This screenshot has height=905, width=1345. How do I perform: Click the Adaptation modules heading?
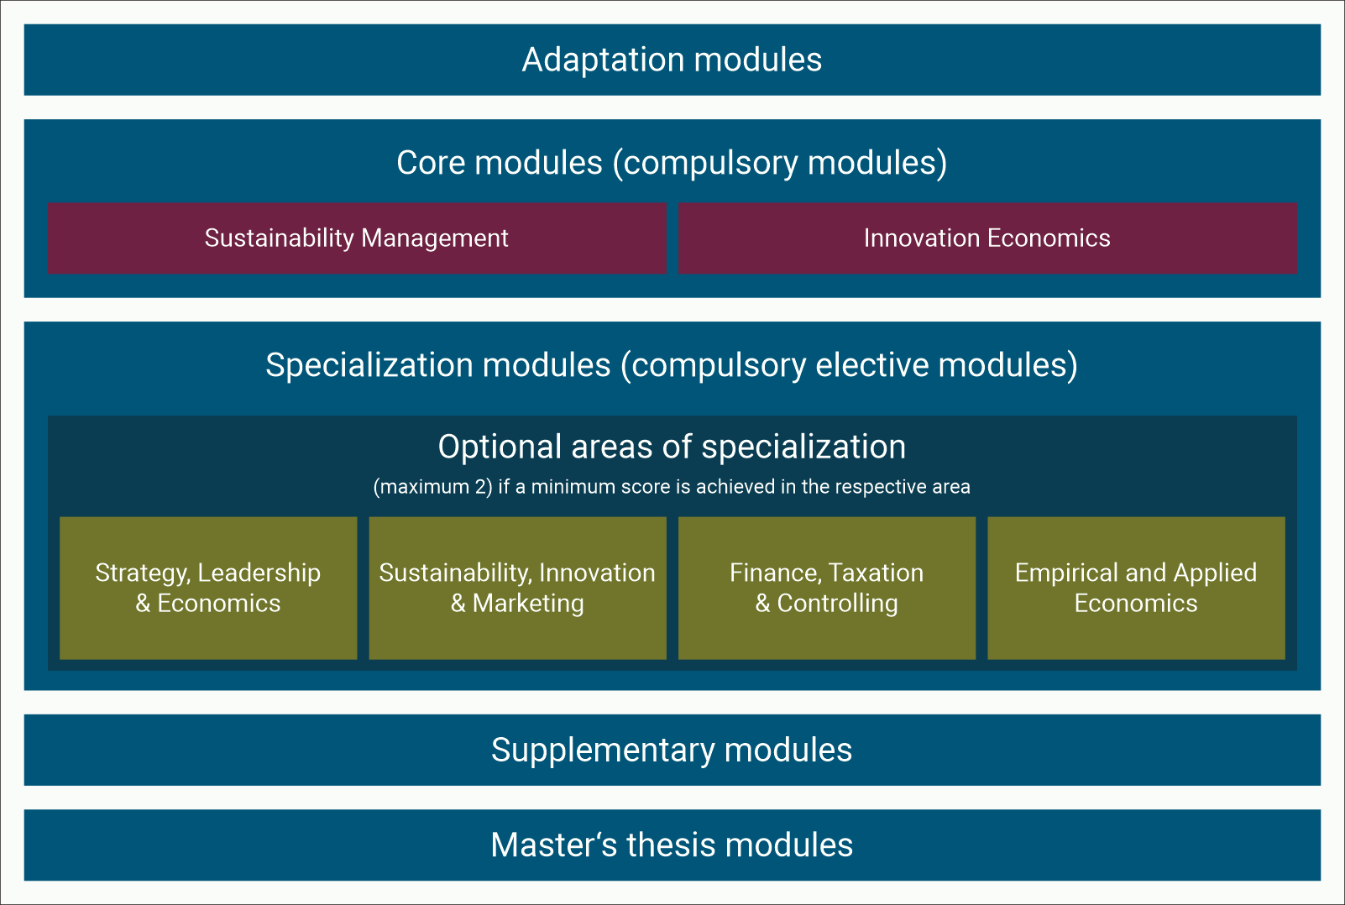click(672, 60)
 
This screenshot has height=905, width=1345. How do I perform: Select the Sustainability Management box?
click(357, 238)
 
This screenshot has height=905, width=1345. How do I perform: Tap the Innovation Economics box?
click(987, 238)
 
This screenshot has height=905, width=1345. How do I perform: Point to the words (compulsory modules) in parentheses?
click(781, 163)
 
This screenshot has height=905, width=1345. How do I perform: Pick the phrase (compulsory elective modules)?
click(849, 365)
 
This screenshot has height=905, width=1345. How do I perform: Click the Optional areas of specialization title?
click(672, 447)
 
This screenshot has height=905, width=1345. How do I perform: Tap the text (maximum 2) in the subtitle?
click(432, 487)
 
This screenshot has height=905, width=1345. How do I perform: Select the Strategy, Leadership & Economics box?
click(208, 588)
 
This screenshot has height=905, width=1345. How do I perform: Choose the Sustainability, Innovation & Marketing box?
click(517, 588)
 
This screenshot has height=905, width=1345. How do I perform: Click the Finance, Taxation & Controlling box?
click(827, 588)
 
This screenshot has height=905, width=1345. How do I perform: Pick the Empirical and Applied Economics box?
click(1136, 588)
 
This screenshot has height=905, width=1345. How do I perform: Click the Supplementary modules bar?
click(672, 750)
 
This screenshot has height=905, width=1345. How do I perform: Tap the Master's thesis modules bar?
click(672, 845)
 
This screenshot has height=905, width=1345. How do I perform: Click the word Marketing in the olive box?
click(528, 604)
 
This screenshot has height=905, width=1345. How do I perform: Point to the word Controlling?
click(837, 604)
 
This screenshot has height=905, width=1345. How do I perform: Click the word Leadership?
click(259, 573)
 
